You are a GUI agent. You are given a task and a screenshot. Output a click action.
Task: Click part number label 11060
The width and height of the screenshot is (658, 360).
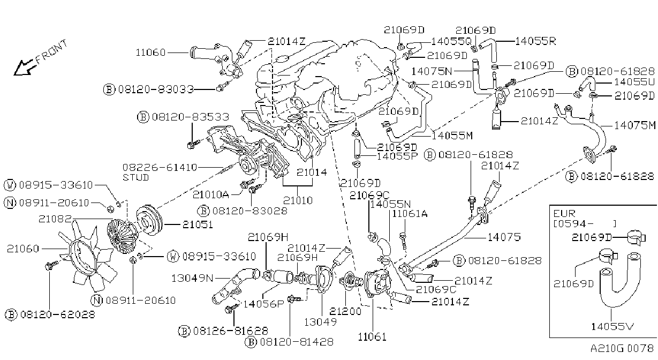pos(150,52)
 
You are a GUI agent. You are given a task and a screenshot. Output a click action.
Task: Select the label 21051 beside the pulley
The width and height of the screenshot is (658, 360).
pos(198,224)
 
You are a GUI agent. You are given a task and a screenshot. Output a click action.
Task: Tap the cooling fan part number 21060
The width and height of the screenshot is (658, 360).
pos(23,249)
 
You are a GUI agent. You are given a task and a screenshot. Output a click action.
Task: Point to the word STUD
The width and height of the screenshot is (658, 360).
pos(135,177)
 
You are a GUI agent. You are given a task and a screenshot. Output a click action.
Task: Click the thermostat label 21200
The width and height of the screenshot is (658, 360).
pos(345,311)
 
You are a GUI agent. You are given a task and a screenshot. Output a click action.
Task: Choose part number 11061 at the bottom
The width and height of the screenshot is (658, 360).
pos(372,337)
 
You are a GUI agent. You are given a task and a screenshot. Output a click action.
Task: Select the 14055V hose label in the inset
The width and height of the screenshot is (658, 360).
pos(612,326)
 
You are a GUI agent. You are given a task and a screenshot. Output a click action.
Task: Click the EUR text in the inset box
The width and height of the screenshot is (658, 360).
pos(564,213)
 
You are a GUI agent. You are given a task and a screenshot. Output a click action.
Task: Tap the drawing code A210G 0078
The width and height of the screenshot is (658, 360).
pos(622,349)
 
